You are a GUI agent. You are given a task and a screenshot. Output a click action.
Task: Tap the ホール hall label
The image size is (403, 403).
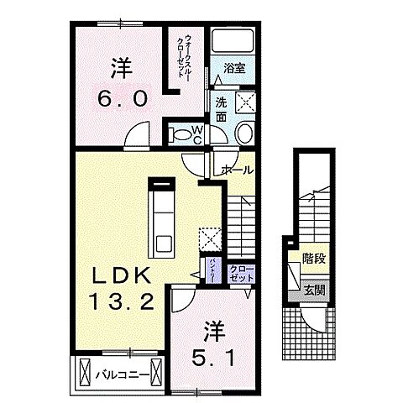pyautogui.click(x=238, y=170)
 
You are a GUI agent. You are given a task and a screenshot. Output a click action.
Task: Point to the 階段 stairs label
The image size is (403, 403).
pyautogui.click(x=315, y=259)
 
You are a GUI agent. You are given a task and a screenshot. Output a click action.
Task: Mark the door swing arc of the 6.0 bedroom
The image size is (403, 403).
pyautogui.click(x=138, y=134)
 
